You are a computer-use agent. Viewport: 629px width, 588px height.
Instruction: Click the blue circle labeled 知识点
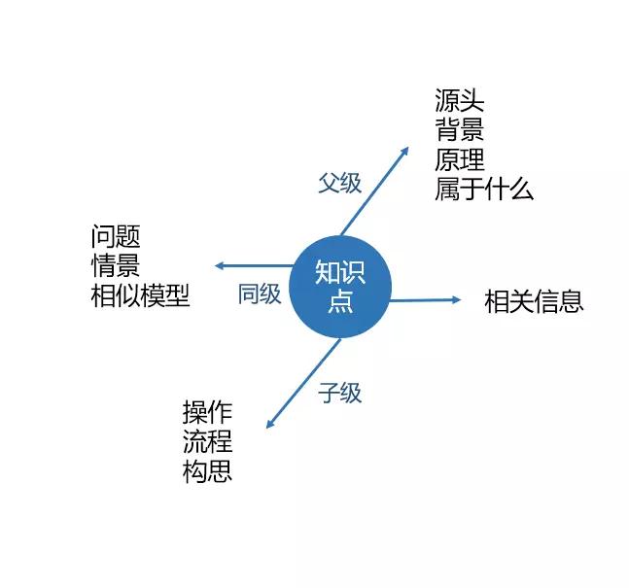(x=341, y=287)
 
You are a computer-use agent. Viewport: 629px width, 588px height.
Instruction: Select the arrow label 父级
(x=339, y=184)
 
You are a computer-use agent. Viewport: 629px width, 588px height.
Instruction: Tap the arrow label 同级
(x=260, y=294)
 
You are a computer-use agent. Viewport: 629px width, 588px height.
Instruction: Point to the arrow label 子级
(x=339, y=393)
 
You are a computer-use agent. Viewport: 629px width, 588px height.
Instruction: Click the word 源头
(x=460, y=101)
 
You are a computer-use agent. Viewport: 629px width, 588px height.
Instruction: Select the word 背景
(x=460, y=130)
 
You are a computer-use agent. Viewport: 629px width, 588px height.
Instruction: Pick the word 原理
(x=460, y=159)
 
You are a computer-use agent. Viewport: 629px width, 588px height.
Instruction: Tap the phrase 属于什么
(x=484, y=189)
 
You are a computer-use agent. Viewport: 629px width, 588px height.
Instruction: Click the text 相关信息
(x=534, y=301)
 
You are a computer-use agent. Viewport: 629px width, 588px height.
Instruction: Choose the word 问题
(x=116, y=236)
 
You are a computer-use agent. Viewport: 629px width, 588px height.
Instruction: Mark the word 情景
(x=116, y=265)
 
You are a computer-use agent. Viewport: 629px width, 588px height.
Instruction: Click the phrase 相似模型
(x=140, y=295)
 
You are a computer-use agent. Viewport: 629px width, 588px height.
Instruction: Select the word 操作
(x=207, y=412)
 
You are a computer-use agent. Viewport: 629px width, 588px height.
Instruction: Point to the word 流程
(x=207, y=442)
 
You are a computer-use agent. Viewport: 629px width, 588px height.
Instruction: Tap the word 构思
(x=207, y=472)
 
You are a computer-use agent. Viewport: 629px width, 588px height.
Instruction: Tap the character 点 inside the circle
(x=341, y=302)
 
